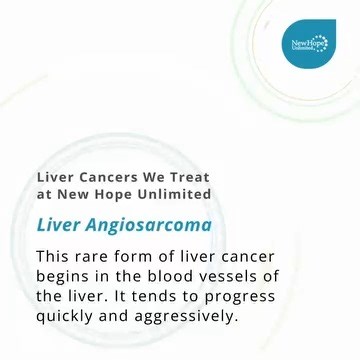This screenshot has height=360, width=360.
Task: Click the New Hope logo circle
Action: pyautogui.click(x=308, y=45)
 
